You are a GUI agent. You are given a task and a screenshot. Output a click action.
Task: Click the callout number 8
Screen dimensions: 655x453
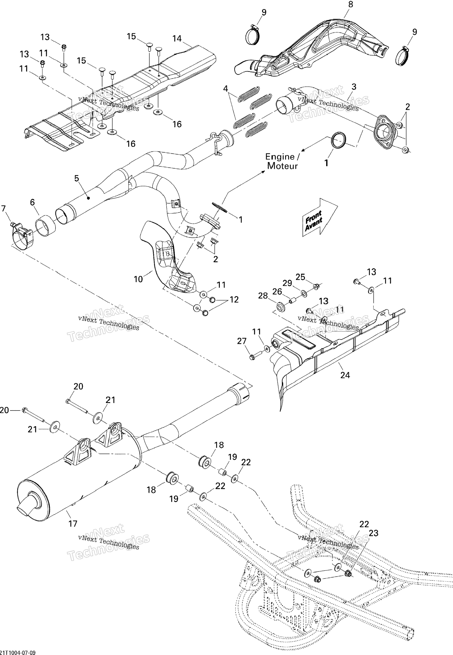coord(351,5)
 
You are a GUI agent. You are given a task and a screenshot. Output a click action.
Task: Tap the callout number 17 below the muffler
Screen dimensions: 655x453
coord(73,524)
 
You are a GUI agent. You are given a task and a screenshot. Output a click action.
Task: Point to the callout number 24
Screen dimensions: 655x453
coord(345,375)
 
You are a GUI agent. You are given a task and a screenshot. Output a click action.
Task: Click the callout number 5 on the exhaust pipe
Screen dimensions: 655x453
coord(77,178)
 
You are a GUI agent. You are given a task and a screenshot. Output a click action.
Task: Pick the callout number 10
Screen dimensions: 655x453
coord(138,279)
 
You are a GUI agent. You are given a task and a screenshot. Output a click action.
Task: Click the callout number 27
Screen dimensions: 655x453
coord(242,341)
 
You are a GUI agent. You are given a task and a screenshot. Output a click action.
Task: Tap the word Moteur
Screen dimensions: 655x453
coord(282,166)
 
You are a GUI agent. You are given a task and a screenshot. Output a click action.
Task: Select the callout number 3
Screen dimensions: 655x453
coord(354,87)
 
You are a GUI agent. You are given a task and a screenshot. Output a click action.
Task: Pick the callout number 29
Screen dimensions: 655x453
coord(287,283)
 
